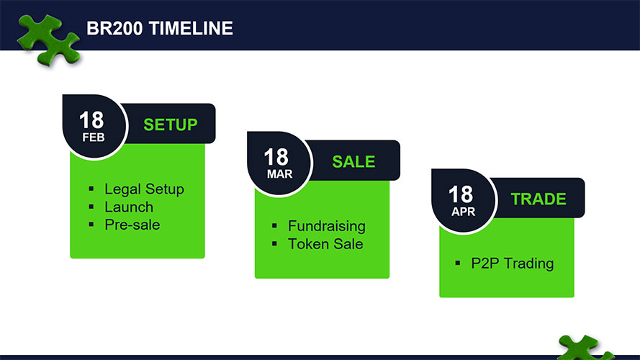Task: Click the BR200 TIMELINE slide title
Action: tap(160, 29)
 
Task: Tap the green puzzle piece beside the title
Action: tap(48, 40)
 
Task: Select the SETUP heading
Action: tap(171, 125)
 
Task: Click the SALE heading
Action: tap(353, 161)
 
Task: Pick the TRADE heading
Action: tap(538, 199)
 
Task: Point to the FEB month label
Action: tap(94, 138)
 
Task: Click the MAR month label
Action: tap(279, 174)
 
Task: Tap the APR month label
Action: tap(464, 212)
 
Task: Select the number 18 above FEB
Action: tap(91, 120)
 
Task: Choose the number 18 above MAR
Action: tap(276, 157)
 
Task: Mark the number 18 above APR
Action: tap(461, 194)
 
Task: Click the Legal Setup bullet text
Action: tap(144, 189)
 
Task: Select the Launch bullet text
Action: tap(129, 207)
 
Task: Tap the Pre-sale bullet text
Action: tap(132, 225)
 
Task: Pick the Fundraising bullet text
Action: tap(327, 226)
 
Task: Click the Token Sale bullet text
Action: tap(325, 244)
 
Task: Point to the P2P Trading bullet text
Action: tap(513, 264)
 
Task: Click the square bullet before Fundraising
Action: tap(274, 225)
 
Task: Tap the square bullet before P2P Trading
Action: tap(458, 263)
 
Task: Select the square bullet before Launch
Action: tap(91, 207)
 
